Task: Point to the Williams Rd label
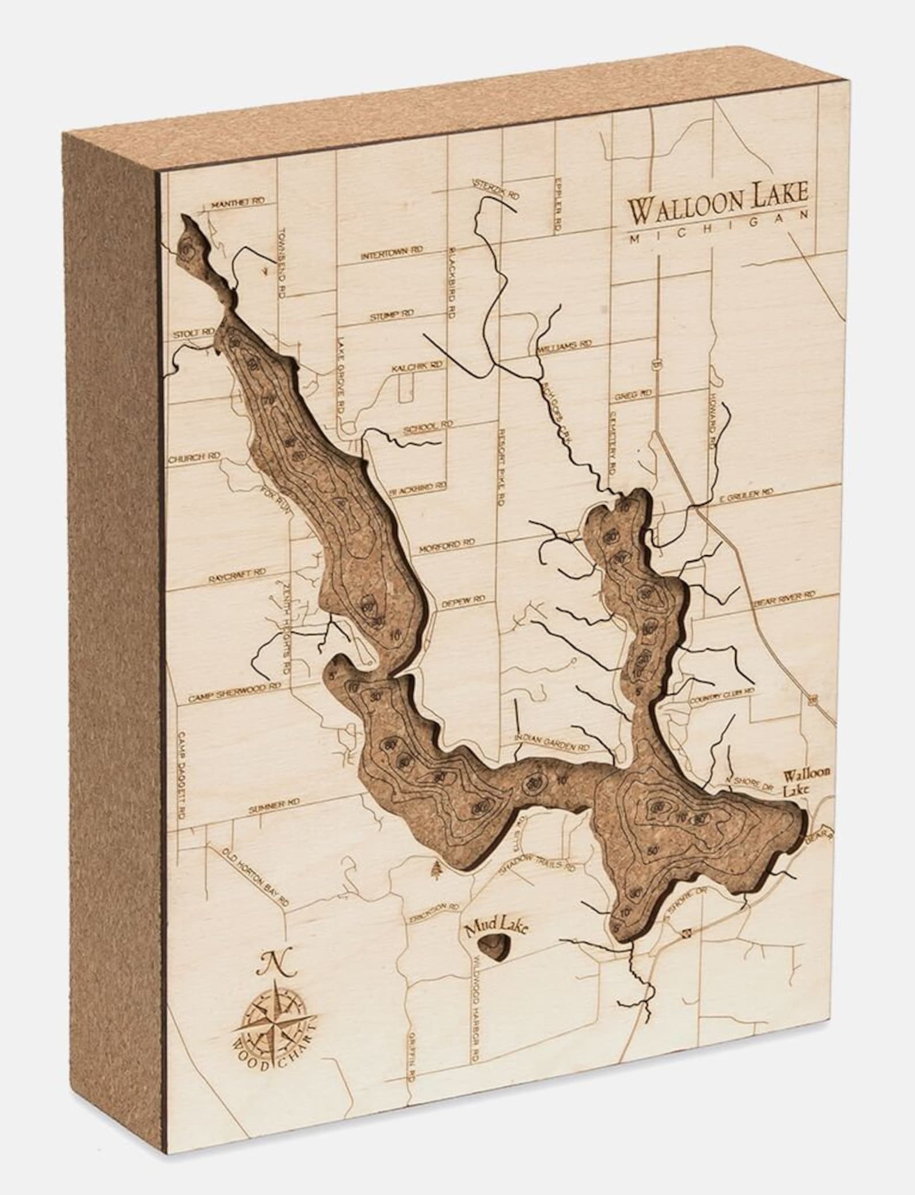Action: [564, 345]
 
